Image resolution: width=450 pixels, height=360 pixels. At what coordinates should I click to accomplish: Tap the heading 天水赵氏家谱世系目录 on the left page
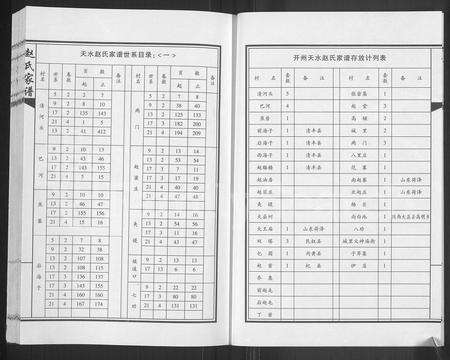[116, 60]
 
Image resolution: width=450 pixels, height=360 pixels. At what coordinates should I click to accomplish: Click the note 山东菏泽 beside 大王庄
[312, 228]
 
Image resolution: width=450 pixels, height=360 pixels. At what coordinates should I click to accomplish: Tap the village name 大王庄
[265, 228]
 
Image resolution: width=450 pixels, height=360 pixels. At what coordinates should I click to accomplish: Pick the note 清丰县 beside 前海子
[312, 129]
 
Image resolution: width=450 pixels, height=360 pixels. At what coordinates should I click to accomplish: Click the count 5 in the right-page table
[288, 92]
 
